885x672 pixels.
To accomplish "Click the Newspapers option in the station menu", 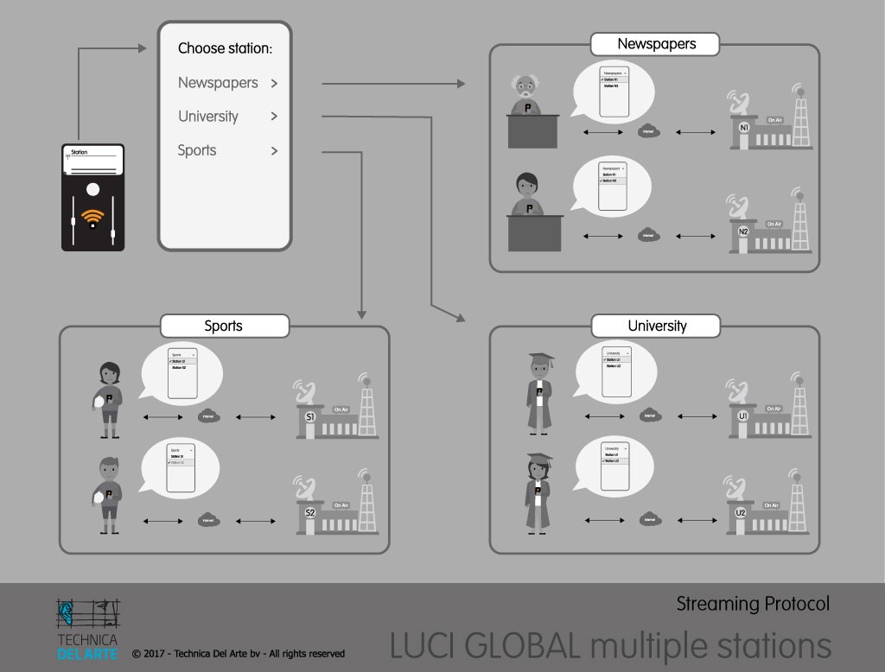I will pyautogui.click(x=218, y=83).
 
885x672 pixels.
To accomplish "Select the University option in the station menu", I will pyautogui.click(x=208, y=117).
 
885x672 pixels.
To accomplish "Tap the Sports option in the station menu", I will pyautogui.click(x=197, y=150).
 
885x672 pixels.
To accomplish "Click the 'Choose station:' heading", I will pyautogui.click(x=225, y=48).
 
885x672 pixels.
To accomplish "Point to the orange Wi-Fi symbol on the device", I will pyautogui.click(x=92, y=217).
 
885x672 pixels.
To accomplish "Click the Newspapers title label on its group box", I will pyautogui.click(x=656, y=44).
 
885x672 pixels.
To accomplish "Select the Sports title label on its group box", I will pyautogui.click(x=223, y=326).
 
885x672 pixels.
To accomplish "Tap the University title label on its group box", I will pyautogui.click(x=657, y=326).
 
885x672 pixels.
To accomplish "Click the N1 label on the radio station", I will pyautogui.click(x=744, y=127).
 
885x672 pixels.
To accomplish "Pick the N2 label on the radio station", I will pyautogui.click(x=744, y=231).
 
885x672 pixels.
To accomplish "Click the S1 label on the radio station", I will pyautogui.click(x=310, y=417).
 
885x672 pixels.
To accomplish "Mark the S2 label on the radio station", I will pyautogui.click(x=310, y=512).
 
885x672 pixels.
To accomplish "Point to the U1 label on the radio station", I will pyautogui.click(x=742, y=415).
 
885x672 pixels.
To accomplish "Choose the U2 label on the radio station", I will pyautogui.click(x=741, y=512).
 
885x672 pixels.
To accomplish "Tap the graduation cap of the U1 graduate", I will pyautogui.click(x=541, y=358).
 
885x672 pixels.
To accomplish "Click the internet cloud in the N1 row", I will pyautogui.click(x=648, y=132).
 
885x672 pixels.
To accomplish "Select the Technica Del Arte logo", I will pyautogui.click(x=87, y=629).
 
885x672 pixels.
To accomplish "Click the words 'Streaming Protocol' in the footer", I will pyautogui.click(x=753, y=604).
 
